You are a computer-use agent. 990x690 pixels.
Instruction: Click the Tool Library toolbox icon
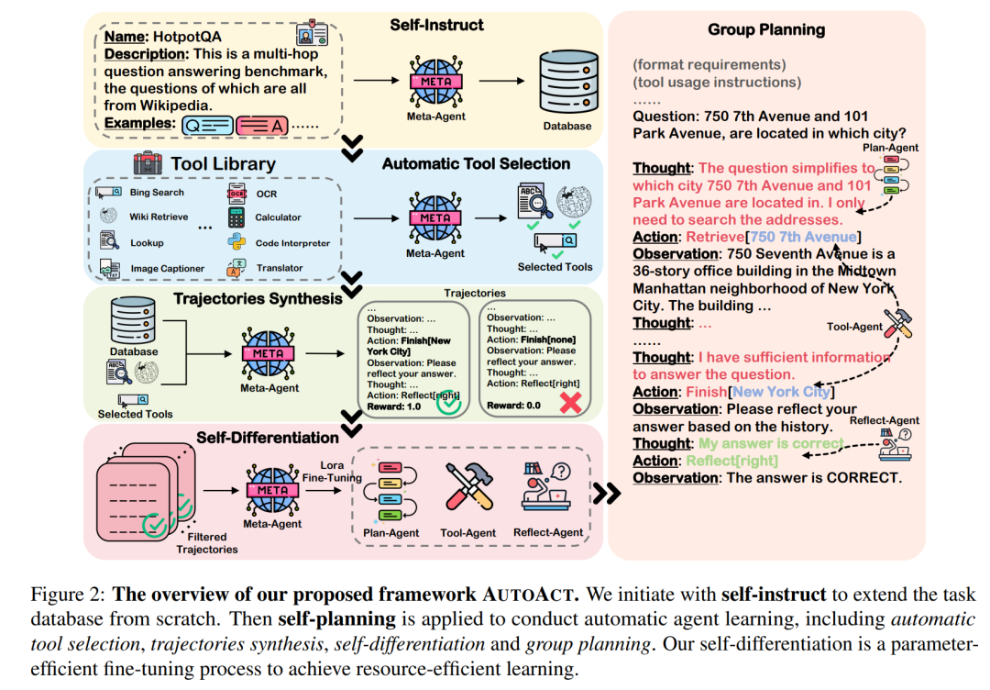tap(148, 164)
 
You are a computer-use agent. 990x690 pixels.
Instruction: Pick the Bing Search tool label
tap(156, 193)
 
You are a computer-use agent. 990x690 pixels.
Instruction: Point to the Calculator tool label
tap(278, 217)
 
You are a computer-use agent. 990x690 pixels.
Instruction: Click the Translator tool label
tap(280, 268)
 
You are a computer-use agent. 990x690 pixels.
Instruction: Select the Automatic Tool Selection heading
tap(476, 164)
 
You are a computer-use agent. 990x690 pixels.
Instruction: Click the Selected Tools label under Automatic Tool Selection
tap(555, 267)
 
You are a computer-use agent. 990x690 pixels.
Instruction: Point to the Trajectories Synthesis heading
tap(257, 298)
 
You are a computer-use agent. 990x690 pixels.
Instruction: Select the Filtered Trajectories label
tap(207, 542)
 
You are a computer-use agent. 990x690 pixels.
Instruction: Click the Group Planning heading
tap(766, 29)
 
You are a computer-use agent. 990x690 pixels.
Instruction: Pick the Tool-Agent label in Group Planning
tap(854, 326)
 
